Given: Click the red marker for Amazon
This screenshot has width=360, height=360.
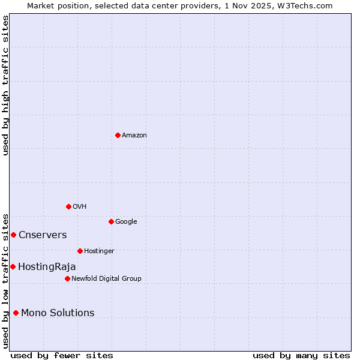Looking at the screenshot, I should coord(118,135).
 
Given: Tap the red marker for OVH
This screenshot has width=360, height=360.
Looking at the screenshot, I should coord(68,206).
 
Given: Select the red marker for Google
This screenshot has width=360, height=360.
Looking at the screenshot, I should coord(111,221).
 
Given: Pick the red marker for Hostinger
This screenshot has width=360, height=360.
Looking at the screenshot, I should coord(80,251).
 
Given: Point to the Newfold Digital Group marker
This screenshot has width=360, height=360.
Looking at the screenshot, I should coord(67,278).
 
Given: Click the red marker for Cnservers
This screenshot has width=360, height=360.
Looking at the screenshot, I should coord(13,235).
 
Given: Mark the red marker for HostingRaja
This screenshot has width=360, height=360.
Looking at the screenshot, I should coord(13,266).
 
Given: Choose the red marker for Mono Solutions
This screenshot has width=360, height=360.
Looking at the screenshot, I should coord(16,313).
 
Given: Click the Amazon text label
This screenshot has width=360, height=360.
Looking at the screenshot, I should coord(134,136).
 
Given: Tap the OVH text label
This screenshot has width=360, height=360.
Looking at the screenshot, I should coord(80,207).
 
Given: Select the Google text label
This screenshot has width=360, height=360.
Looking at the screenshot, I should coord(126,222).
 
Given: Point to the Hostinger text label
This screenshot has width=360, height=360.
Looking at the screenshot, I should coord(99,251).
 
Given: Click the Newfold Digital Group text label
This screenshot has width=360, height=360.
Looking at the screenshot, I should coord(106,279).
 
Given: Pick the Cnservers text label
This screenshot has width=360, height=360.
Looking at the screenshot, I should coord(43,235).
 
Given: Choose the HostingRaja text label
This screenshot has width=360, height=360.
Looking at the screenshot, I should coord(47,267).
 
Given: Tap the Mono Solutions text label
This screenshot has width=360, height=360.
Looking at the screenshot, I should coord(58,313).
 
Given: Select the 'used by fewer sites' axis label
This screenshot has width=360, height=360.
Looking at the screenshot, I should coord(62,355).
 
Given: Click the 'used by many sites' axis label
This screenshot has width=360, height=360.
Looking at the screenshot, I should coord(301,355).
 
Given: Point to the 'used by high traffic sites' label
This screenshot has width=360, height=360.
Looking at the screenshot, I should coord(5,85).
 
